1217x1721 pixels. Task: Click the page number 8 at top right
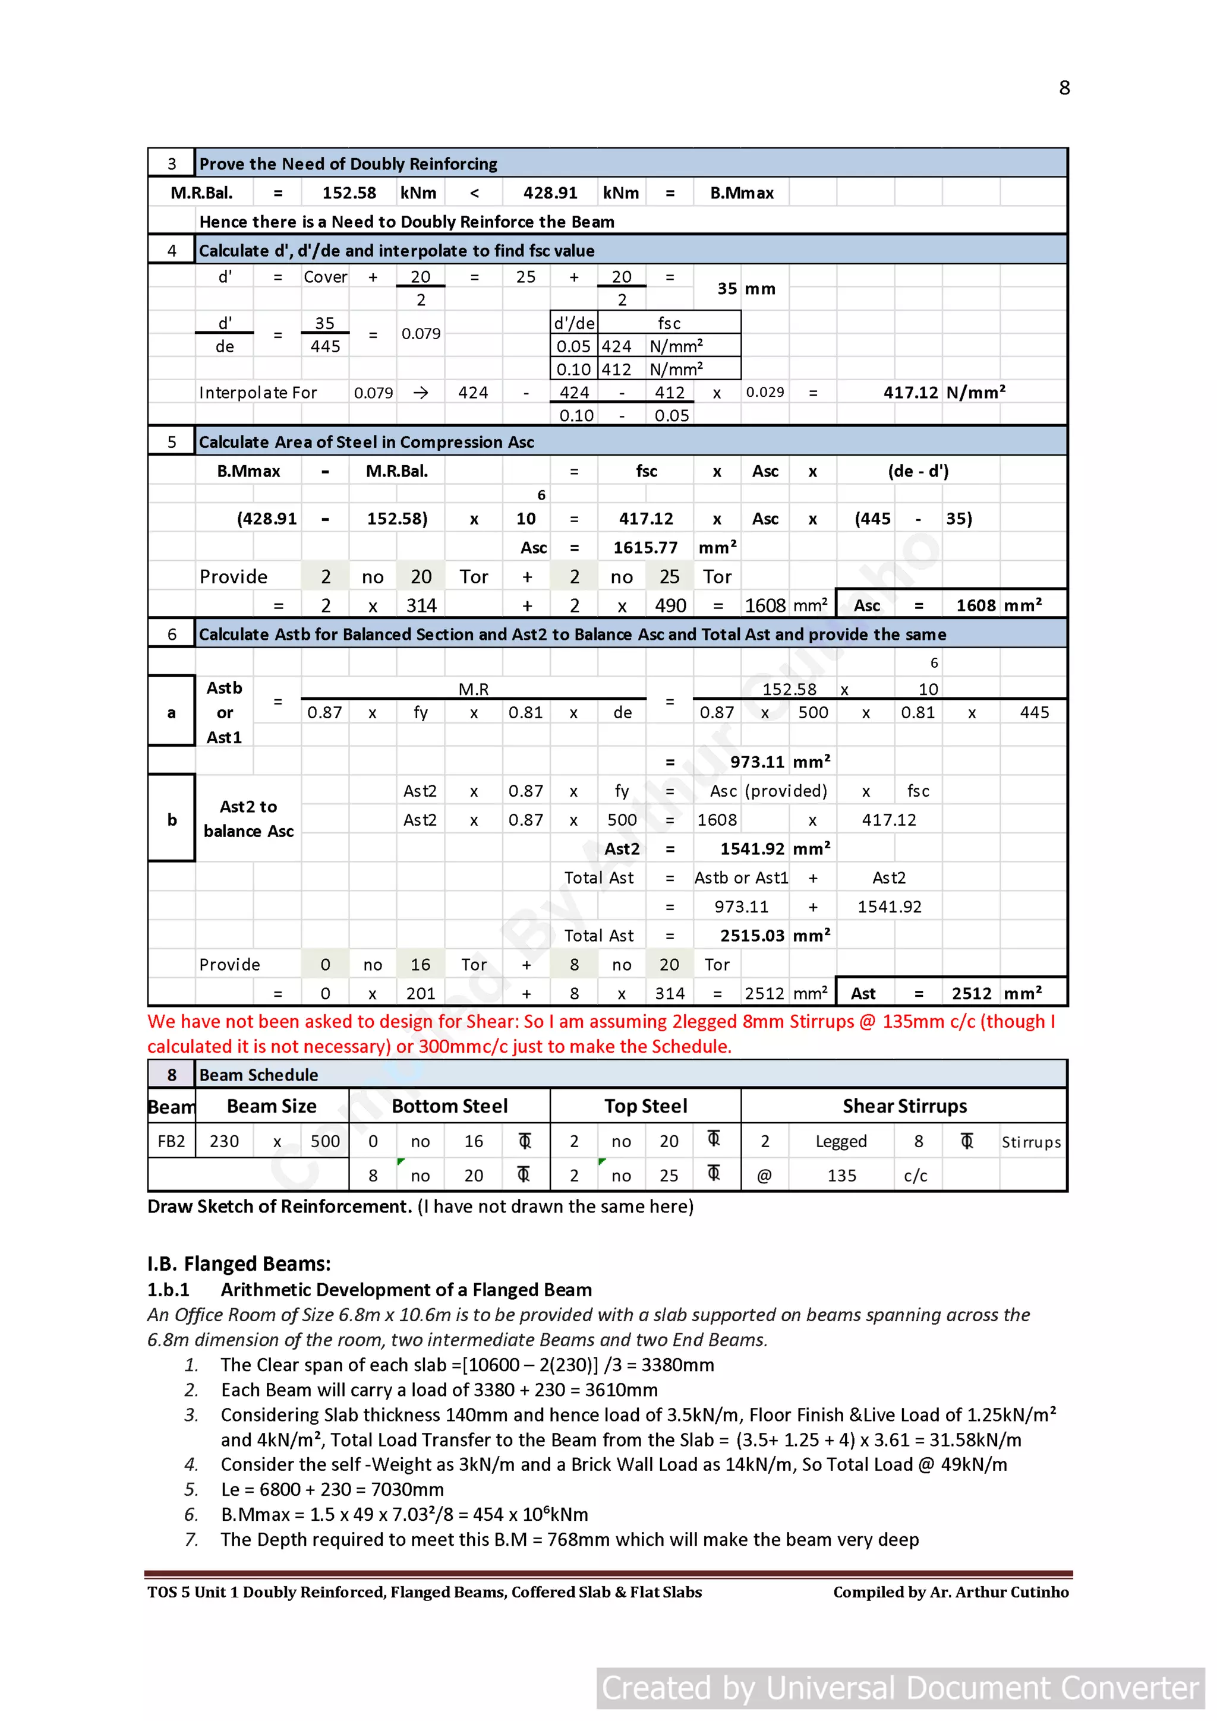[x=1064, y=89]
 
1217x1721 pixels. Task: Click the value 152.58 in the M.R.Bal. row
[x=349, y=192]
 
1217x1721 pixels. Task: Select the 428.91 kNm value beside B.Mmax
[x=550, y=192]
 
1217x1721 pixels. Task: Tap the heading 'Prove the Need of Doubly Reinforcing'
[x=348, y=163]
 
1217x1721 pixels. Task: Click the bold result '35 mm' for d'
[x=745, y=289]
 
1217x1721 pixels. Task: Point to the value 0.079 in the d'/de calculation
[x=421, y=333]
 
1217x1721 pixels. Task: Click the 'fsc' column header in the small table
[x=669, y=323]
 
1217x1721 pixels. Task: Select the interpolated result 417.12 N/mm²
[x=943, y=392]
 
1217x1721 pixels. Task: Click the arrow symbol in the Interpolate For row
[x=421, y=393]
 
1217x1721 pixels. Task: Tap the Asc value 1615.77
[x=645, y=547]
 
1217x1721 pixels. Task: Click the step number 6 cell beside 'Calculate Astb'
[x=172, y=634]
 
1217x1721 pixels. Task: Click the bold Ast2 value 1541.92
[x=752, y=848]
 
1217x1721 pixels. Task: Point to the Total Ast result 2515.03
[x=752, y=936]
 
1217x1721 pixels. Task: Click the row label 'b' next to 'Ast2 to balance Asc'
[x=172, y=819]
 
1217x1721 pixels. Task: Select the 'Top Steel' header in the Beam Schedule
[x=645, y=1106]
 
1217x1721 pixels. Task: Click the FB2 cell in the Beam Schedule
[x=171, y=1141]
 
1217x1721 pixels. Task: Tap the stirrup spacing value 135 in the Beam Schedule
[x=841, y=1175]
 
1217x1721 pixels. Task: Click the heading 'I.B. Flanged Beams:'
[x=238, y=1264]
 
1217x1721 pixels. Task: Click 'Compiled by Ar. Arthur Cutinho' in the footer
[x=950, y=1592]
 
